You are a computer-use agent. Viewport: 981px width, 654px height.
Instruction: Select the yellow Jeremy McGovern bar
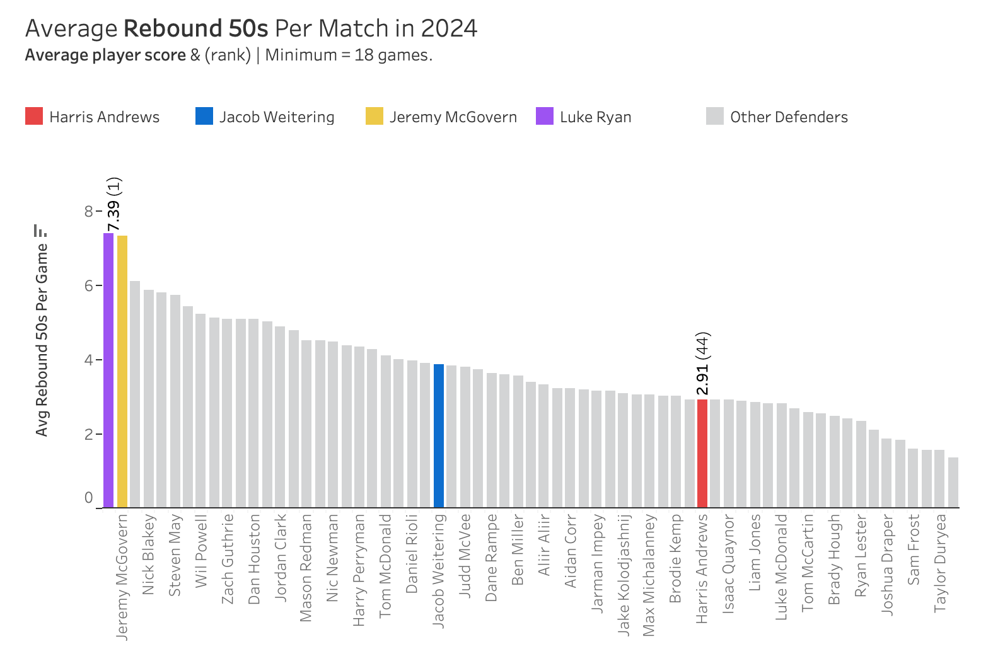[122, 371]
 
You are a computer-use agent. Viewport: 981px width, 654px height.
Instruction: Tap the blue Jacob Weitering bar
[439, 435]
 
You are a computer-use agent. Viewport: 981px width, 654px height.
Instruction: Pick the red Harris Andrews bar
[702, 453]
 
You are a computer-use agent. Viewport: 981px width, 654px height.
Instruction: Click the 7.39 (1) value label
[114, 205]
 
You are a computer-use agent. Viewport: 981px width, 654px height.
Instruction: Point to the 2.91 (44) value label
[702, 364]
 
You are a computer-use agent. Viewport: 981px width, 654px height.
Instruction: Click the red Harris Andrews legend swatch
[34, 117]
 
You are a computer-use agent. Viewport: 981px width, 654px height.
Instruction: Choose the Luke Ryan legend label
[595, 117]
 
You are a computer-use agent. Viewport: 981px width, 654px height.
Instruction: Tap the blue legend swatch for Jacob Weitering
[204, 117]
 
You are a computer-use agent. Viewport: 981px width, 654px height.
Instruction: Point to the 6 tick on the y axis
[89, 285]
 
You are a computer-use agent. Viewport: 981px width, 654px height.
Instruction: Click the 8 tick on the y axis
[89, 211]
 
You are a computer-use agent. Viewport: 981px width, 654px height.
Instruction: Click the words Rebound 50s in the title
[196, 29]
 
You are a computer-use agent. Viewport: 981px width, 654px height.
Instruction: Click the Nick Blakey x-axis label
[149, 555]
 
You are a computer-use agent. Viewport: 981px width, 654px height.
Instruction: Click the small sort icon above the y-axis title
[40, 231]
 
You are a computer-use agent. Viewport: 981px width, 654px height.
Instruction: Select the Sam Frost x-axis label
[914, 549]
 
